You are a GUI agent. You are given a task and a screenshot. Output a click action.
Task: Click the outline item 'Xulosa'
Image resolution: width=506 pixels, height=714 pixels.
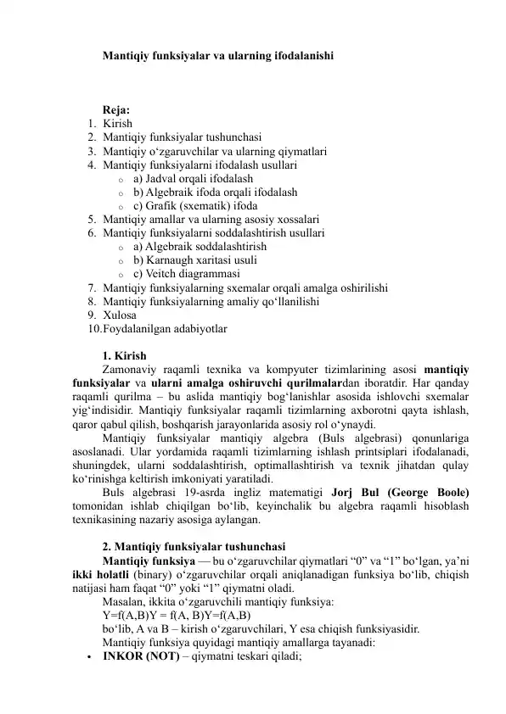(119, 315)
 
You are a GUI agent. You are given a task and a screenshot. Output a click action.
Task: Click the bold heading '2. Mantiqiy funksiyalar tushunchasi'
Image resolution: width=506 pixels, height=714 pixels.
(193, 546)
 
